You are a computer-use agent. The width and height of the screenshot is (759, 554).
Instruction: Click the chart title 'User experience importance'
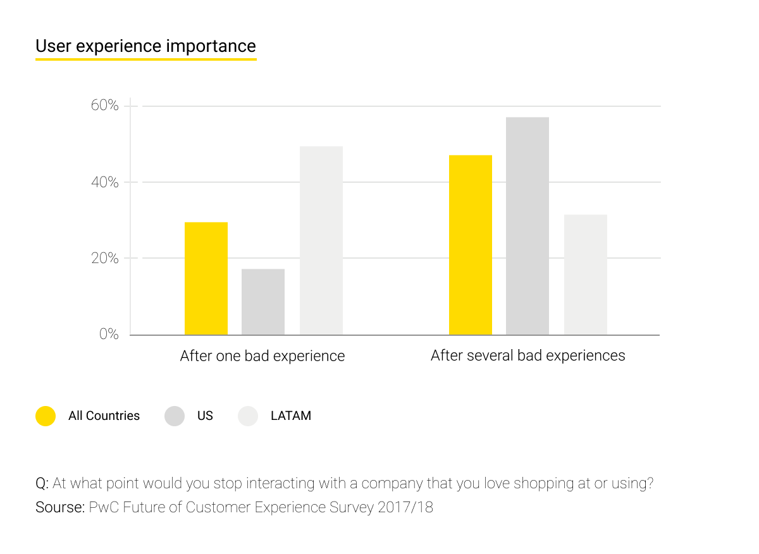pos(145,46)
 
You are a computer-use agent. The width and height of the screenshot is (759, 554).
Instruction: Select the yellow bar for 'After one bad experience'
pos(206,278)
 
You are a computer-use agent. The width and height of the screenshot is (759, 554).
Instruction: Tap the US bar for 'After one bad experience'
pos(263,302)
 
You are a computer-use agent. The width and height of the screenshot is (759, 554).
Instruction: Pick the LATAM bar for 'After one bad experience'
pos(321,240)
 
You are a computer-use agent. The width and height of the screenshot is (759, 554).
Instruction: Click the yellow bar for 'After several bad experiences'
pos(471,245)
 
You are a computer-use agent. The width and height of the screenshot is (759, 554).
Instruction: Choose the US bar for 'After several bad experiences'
pos(528,226)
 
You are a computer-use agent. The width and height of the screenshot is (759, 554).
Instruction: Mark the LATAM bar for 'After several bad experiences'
pos(586,274)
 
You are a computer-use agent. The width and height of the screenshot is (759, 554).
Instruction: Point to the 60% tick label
pos(105,106)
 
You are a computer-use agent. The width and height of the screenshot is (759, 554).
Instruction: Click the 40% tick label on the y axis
pos(105,182)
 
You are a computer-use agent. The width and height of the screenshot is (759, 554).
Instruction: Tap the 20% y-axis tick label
pos(105,258)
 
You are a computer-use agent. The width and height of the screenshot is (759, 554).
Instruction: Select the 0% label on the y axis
pos(109,334)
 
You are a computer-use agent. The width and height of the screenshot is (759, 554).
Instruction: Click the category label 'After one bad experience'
pos(262,356)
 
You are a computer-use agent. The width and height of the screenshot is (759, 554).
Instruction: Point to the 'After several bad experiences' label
pos(528,355)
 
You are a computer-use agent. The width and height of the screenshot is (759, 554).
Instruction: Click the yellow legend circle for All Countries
pos(46,416)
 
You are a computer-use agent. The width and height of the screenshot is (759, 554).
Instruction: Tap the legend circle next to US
pos(175,416)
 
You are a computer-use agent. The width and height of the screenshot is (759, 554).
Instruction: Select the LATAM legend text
pos(291,416)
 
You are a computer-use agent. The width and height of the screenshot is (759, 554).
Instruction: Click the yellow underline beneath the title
pos(145,59)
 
